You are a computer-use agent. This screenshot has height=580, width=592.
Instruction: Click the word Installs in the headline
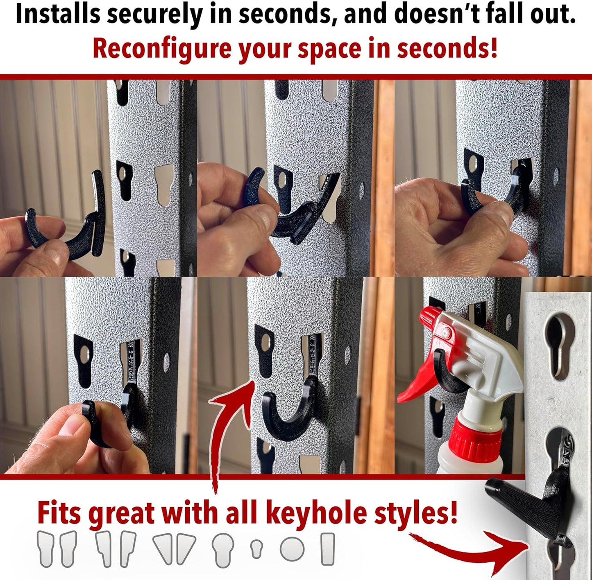(x=57, y=14)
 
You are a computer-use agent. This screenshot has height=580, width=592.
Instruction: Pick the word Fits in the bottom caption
(x=61, y=512)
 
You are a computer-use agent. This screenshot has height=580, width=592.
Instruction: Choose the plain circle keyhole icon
(x=292, y=549)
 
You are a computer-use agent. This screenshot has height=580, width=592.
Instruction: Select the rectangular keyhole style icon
(x=327, y=549)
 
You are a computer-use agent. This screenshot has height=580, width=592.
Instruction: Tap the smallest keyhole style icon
(x=256, y=548)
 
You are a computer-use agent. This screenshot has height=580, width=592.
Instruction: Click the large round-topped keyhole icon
(x=223, y=549)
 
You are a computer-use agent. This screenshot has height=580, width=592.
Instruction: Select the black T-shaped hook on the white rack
(x=528, y=508)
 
